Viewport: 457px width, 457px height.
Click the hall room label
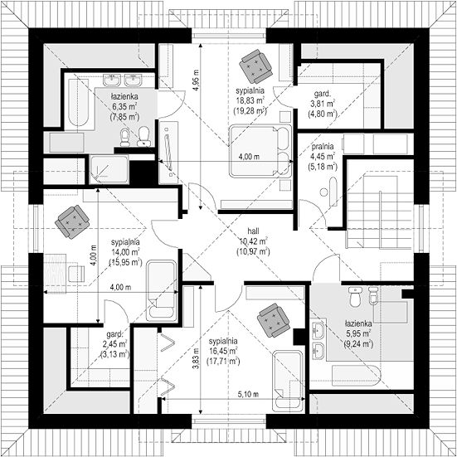coord(253,231)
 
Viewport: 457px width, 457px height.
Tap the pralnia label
coord(323,147)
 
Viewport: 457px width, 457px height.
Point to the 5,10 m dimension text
coord(248,394)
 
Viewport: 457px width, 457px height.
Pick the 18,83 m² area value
coord(250,101)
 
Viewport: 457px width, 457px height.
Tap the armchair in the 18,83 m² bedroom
coord(255,66)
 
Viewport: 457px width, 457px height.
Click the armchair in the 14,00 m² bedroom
coord(72,222)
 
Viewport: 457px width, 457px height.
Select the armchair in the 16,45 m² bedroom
coord(274,320)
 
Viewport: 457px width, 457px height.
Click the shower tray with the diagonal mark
coord(109,170)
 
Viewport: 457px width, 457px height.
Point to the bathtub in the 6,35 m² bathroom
coord(79,102)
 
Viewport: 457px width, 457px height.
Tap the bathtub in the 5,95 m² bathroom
coord(356,376)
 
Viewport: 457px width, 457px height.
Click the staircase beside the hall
coord(380,211)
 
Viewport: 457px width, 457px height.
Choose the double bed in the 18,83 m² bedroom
coord(260,151)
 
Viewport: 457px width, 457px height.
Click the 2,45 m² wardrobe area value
coord(116,344)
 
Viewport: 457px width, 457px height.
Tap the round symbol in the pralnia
coord(323,192)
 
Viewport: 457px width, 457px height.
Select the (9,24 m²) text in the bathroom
coord(358,344)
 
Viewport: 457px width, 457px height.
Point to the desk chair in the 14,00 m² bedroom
coord(76,274)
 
